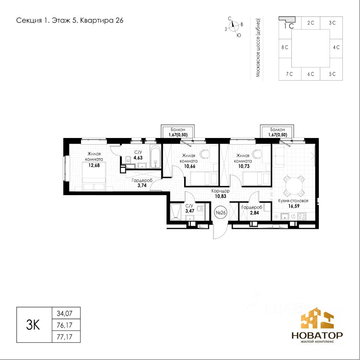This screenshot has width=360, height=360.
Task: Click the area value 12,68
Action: (94, 165)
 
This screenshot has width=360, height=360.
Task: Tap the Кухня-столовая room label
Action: (293, 201)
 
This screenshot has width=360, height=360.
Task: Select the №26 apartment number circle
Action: (220, 213)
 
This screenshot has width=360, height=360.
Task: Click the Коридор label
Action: (220, 191)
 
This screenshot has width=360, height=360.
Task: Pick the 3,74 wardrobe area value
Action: (142, 186)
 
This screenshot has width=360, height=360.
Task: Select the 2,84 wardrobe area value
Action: (254, 213)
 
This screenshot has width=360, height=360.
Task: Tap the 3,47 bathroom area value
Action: (190, 211)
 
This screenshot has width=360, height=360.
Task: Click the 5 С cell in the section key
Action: (332, 74)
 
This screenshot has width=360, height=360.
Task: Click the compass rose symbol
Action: (234, 27)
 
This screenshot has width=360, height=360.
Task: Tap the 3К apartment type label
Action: (33, 325)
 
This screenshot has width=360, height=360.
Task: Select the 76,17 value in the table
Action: (64, 325)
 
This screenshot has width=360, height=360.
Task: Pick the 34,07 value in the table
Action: (64, 313)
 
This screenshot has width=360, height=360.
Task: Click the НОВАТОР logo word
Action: (317, 335)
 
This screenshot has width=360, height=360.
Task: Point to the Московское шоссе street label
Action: (258, 48)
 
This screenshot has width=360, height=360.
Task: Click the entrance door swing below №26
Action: (220, 231)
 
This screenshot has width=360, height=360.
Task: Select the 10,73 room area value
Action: (244, 166)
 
